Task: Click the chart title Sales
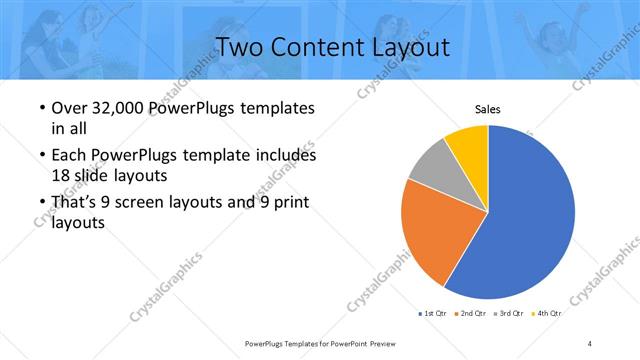pos(487,110)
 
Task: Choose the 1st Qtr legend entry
pos(431,314)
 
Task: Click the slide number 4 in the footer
pos(590,343)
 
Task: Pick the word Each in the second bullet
pos(68,156)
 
